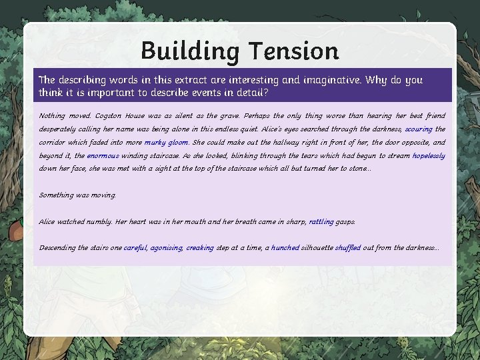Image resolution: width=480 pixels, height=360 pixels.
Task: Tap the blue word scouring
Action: point(419,129)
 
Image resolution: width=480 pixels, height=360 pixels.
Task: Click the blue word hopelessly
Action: point(429,156)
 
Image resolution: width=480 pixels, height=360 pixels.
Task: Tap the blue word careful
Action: point(135,248)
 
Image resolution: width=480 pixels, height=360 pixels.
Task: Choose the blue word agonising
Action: point(166,248)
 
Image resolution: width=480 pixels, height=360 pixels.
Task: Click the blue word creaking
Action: point(200,248)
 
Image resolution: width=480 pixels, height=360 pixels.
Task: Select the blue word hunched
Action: point(285,248)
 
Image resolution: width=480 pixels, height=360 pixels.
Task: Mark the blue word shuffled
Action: point(348,248)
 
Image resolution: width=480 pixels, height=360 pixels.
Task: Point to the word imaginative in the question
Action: point(331,80)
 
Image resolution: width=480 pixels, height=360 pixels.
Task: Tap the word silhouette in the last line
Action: point(317,248)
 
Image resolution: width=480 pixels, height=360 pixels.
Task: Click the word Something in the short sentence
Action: point(57,195)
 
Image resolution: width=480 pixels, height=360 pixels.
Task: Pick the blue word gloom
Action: point(179,143)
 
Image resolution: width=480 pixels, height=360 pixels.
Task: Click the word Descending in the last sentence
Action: point(57,248)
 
